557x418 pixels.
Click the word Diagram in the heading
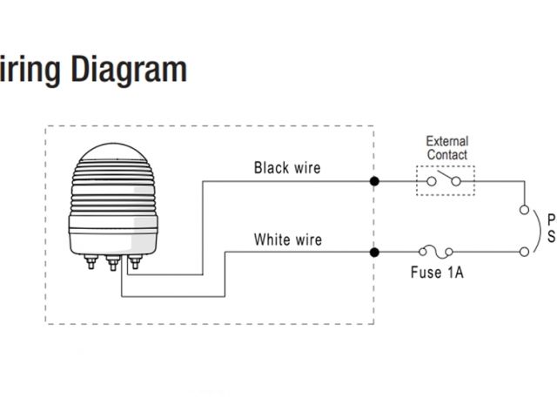coord(129,70)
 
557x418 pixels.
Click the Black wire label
coord(286,167)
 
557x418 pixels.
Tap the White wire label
coord(286,239)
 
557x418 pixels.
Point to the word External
coord(446,141)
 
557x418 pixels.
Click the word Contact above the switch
coord(446,154)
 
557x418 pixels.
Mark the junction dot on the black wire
coord(374,182)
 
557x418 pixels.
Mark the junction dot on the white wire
coord(374,253)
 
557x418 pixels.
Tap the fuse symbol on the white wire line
coord(436,252)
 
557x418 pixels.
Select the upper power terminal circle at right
coord(524,209)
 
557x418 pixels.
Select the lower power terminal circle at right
coord(524,253)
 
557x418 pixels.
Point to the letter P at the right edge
coord(551,219)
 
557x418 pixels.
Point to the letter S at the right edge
coord(551,237)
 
